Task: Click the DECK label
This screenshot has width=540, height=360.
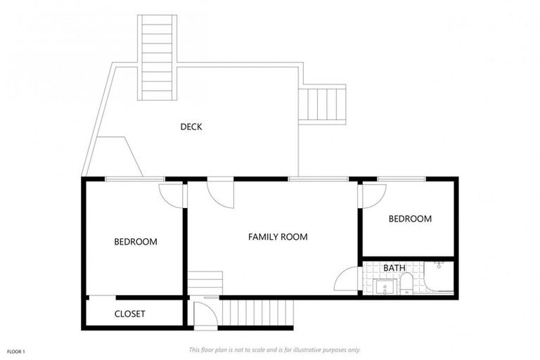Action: pyautogui.click(x=191, y=127)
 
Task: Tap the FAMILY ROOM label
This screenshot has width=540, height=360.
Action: pyautogui.click(x=278, y=237)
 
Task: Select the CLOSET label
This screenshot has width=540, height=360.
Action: pyautogui.click(x=129, y=314)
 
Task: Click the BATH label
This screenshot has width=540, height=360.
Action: pyautogui.click(x=394, y=268)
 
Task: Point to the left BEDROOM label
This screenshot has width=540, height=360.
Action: pyautogui.click(x=136, y=242)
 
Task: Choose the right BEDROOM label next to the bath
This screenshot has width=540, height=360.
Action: pyautogui.click(x=410, y=219)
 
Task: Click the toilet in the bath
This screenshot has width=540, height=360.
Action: pyautogui.click(x=406, y=284)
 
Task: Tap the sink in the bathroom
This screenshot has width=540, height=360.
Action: pyautogui.click(x=385, y=287)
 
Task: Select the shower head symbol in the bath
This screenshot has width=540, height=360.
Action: pyautogui.click(x=439, y=266)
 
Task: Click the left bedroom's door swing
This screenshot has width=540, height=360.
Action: pyautogui.click(x=171, y=195)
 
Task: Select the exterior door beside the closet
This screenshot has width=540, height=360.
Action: pyautogui.click(x=205, y=312)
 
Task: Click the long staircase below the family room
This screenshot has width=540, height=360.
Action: pyautogui.click(x=257, y=311)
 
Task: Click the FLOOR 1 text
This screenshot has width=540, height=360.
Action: pyautogui.click(x=15, y=351)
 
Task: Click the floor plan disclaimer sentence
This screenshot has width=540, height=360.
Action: pyautogui.click(x=274, y=349)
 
